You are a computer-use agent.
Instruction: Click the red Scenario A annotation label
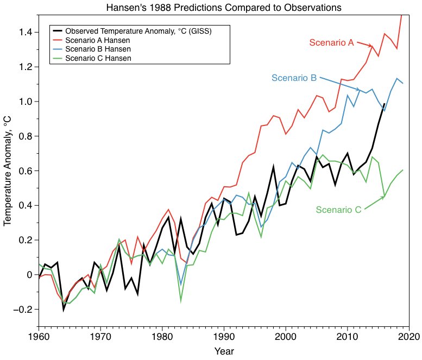point(331,42)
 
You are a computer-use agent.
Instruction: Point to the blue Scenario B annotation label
point(294,78)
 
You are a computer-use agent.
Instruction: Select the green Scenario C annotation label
point(338,210)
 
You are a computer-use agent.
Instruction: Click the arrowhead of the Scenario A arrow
point(371,46)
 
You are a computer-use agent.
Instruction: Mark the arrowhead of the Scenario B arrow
point(358,90)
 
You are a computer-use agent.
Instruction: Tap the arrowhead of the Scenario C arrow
point(383,197)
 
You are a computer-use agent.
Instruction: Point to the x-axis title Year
point(224,351)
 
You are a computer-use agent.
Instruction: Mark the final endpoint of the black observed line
point(385,104)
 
